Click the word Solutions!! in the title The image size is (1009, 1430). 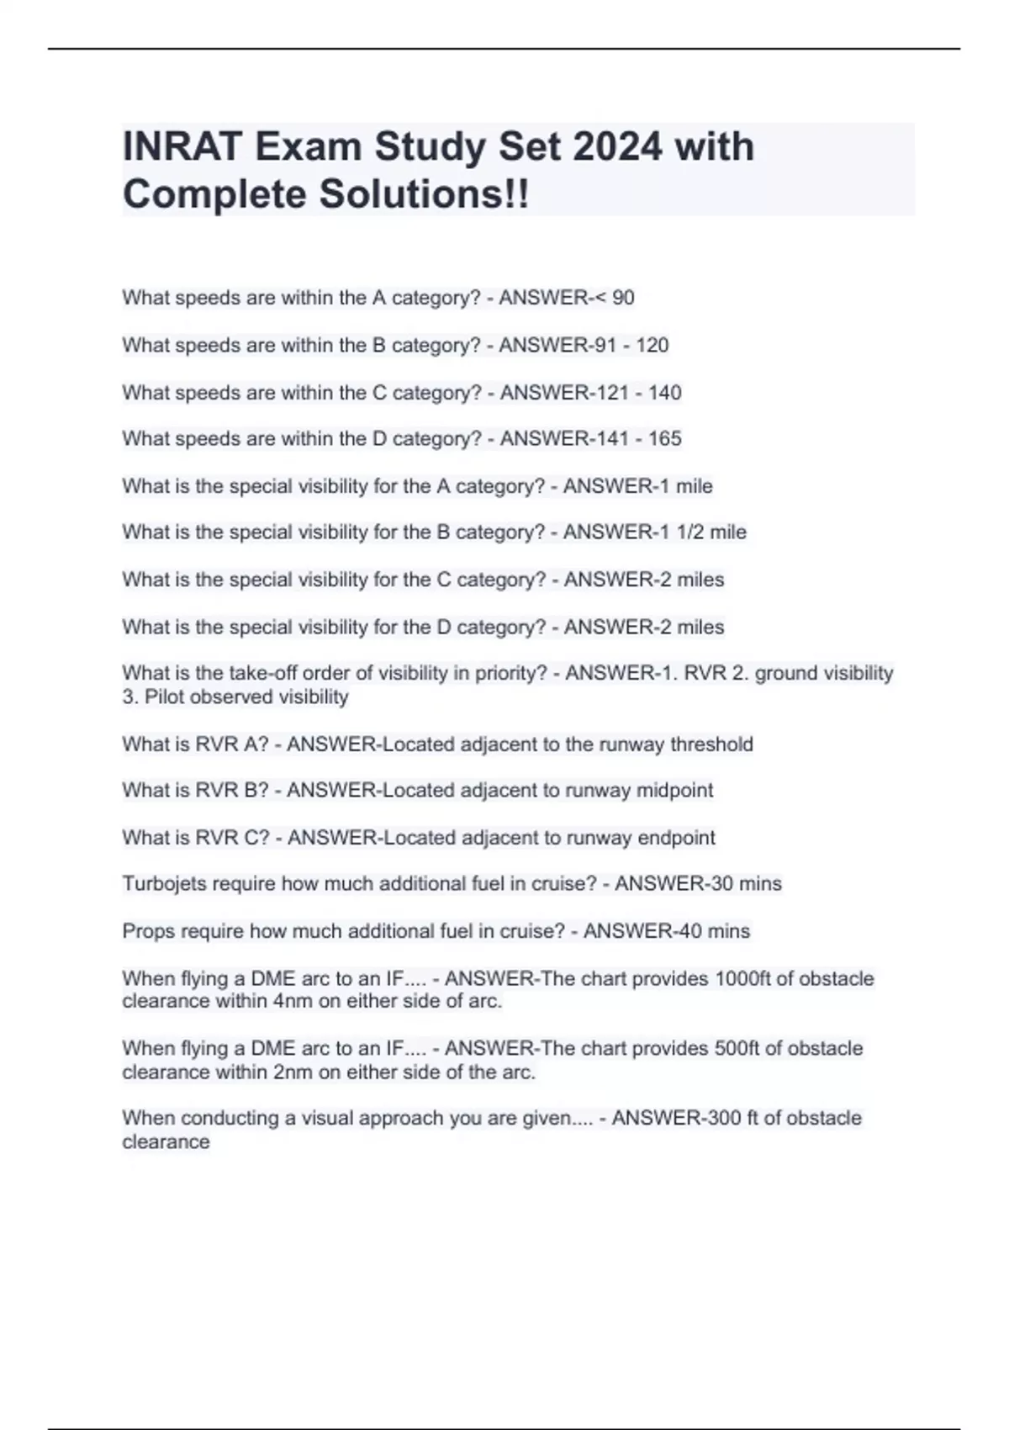click(424, 195)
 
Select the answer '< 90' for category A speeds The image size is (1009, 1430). click(613, 298)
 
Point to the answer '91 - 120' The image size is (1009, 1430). click(631, 345)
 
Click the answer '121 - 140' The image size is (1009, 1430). click(644, 393)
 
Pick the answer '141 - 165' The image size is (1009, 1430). click(644, 439)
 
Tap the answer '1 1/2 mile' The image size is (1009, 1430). click(700, 532)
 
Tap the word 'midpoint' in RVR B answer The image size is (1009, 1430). click(674, 791)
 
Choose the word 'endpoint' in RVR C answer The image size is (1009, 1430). click(676, 838)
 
